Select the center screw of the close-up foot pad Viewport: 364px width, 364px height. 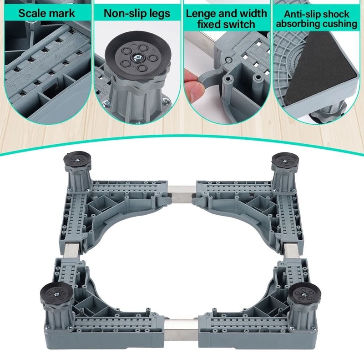pos(137,58)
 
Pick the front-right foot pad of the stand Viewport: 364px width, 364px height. pos(304,292)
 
